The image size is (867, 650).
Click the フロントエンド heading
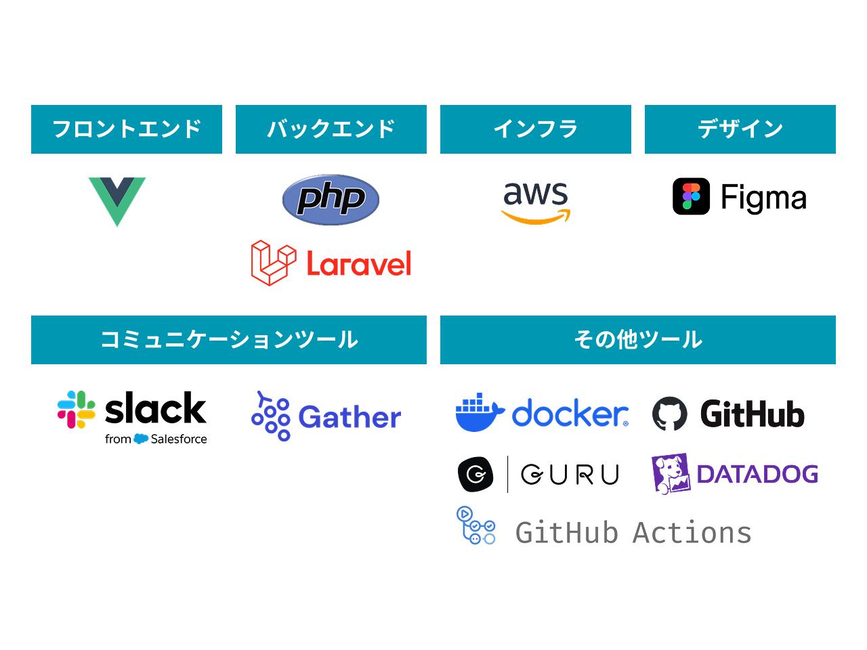127,129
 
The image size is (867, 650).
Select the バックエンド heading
331,129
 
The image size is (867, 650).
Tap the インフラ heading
536,129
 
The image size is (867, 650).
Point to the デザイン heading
740,129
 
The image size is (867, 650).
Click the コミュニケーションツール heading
229,339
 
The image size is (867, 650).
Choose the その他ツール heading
638,339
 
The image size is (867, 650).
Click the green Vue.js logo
117,200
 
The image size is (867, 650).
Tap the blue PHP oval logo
331,199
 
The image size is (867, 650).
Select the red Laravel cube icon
273,262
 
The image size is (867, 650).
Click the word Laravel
359,263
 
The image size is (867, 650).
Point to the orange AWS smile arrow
536,217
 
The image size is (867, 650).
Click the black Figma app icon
691,196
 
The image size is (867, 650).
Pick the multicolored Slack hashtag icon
76,409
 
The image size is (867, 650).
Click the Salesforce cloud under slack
141,439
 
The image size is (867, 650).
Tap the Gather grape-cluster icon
270,416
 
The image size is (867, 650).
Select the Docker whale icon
479,412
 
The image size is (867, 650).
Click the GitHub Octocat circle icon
670,414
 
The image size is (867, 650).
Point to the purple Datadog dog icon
670,473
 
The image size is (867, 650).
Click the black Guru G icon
477,474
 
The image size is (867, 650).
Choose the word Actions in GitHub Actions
692,533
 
